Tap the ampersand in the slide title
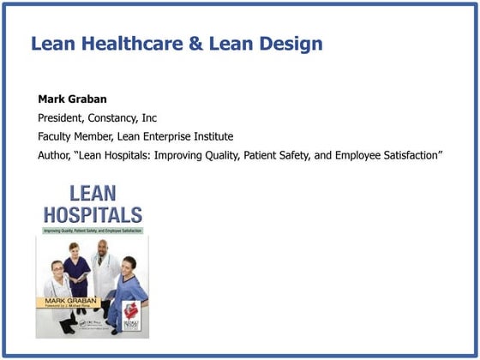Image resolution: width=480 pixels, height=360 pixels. [196, 44]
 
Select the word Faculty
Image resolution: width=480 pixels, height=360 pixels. [57, 136]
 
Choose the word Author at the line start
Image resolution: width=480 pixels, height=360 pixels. [55, 155]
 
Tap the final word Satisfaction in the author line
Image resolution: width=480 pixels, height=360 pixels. [405, 155]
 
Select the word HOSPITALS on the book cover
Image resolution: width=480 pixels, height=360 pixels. [93, 214]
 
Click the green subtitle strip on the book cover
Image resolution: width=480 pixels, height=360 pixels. [93, 231]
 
